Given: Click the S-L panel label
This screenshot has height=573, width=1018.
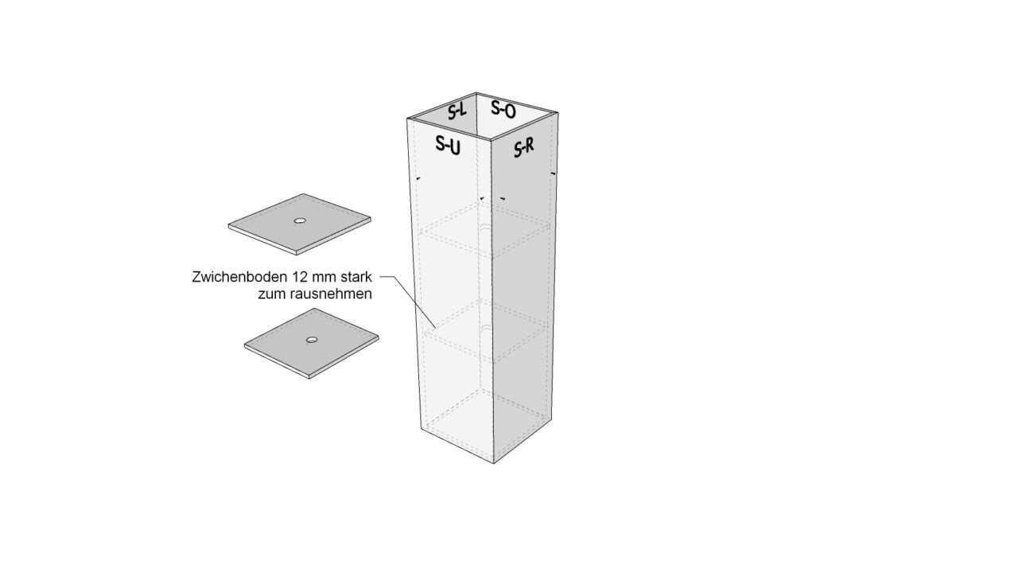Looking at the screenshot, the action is (457, 111).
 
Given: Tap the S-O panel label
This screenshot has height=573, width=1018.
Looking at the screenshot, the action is (503, 109).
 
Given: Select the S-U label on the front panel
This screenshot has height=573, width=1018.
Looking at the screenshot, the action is (448, 145).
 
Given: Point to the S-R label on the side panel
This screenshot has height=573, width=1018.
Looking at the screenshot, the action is (524, 147).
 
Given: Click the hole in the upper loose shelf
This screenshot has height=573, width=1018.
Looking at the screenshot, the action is (300, 220).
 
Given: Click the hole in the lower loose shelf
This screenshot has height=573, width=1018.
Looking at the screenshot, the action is (312, 340).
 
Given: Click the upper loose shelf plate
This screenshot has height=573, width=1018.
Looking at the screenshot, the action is (300, 224).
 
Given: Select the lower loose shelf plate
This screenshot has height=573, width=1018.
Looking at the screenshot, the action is (311, 343).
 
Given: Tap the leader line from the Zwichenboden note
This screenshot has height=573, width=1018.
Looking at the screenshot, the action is (409, 300).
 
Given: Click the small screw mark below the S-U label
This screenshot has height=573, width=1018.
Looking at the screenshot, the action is (418, 178).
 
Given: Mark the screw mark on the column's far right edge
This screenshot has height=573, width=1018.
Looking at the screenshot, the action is (553, 173).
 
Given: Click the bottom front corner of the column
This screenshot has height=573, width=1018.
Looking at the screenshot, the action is (494, 463).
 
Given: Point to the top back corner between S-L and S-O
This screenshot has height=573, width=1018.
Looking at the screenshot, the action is (476, 93).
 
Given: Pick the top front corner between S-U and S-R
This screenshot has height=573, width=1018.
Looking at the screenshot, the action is (491, 140).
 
